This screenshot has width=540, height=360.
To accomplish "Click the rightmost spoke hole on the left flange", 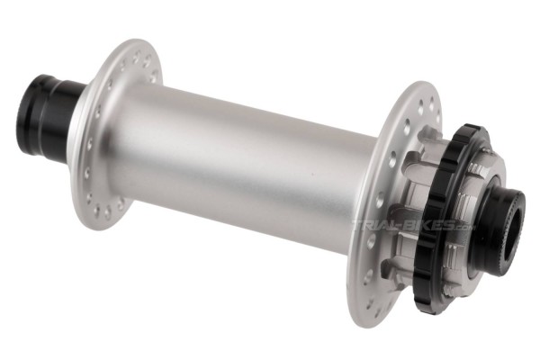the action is point(156,74).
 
